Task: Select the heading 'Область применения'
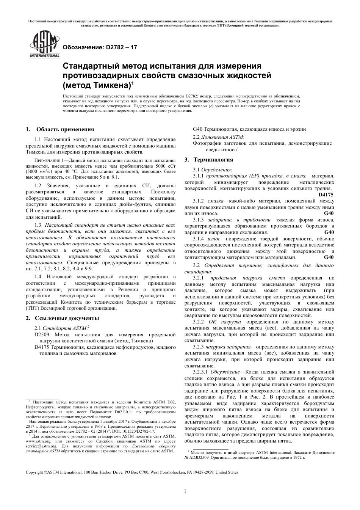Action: [x=65, y=129]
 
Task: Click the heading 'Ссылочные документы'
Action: [x=67, y=318]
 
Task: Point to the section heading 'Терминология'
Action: [x=213, y=160]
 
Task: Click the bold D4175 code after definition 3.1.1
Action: [x=326, y=195]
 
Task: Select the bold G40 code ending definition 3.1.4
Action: [x=329, y=257]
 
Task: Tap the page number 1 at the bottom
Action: [x=185, y=491]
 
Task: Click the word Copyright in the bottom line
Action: [x=34, y=472]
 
